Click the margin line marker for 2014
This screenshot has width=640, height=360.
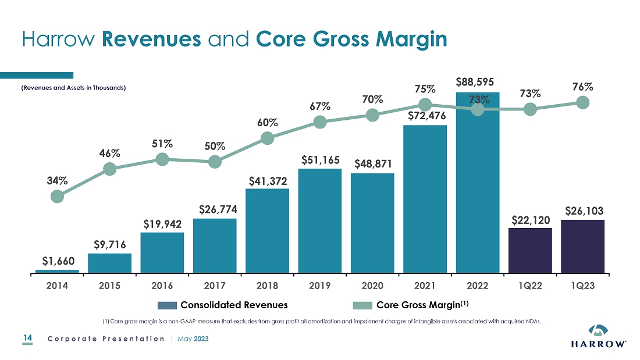[57, 197]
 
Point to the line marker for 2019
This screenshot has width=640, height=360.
[319, 122]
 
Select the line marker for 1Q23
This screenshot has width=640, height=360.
[582, 102]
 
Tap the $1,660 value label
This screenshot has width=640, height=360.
[57, 261]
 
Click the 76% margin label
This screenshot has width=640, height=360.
[582, 87]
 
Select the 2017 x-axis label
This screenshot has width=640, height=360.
[215, 286]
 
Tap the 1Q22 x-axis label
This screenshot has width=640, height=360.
[530, 286]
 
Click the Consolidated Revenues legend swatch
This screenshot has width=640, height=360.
[167, 305]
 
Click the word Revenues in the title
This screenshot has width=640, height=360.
[152, 39]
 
